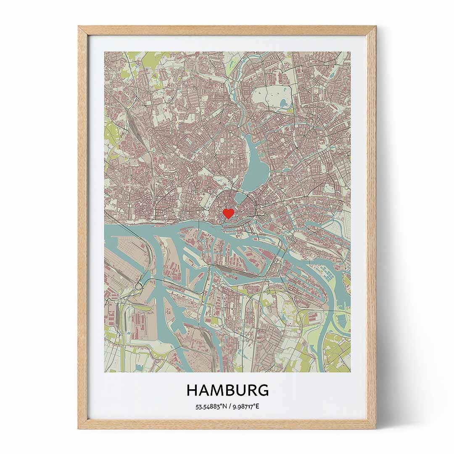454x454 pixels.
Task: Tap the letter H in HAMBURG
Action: [x=192, y=390]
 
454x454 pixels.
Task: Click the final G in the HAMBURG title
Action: [x=263, y=390]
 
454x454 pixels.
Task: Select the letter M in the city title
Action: [x=217, y=390]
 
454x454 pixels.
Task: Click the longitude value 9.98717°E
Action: [x=245, y=407]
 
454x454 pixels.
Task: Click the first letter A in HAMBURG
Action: [x=204, y=390]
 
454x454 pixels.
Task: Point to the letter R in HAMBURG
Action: [x=251, y=390]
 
